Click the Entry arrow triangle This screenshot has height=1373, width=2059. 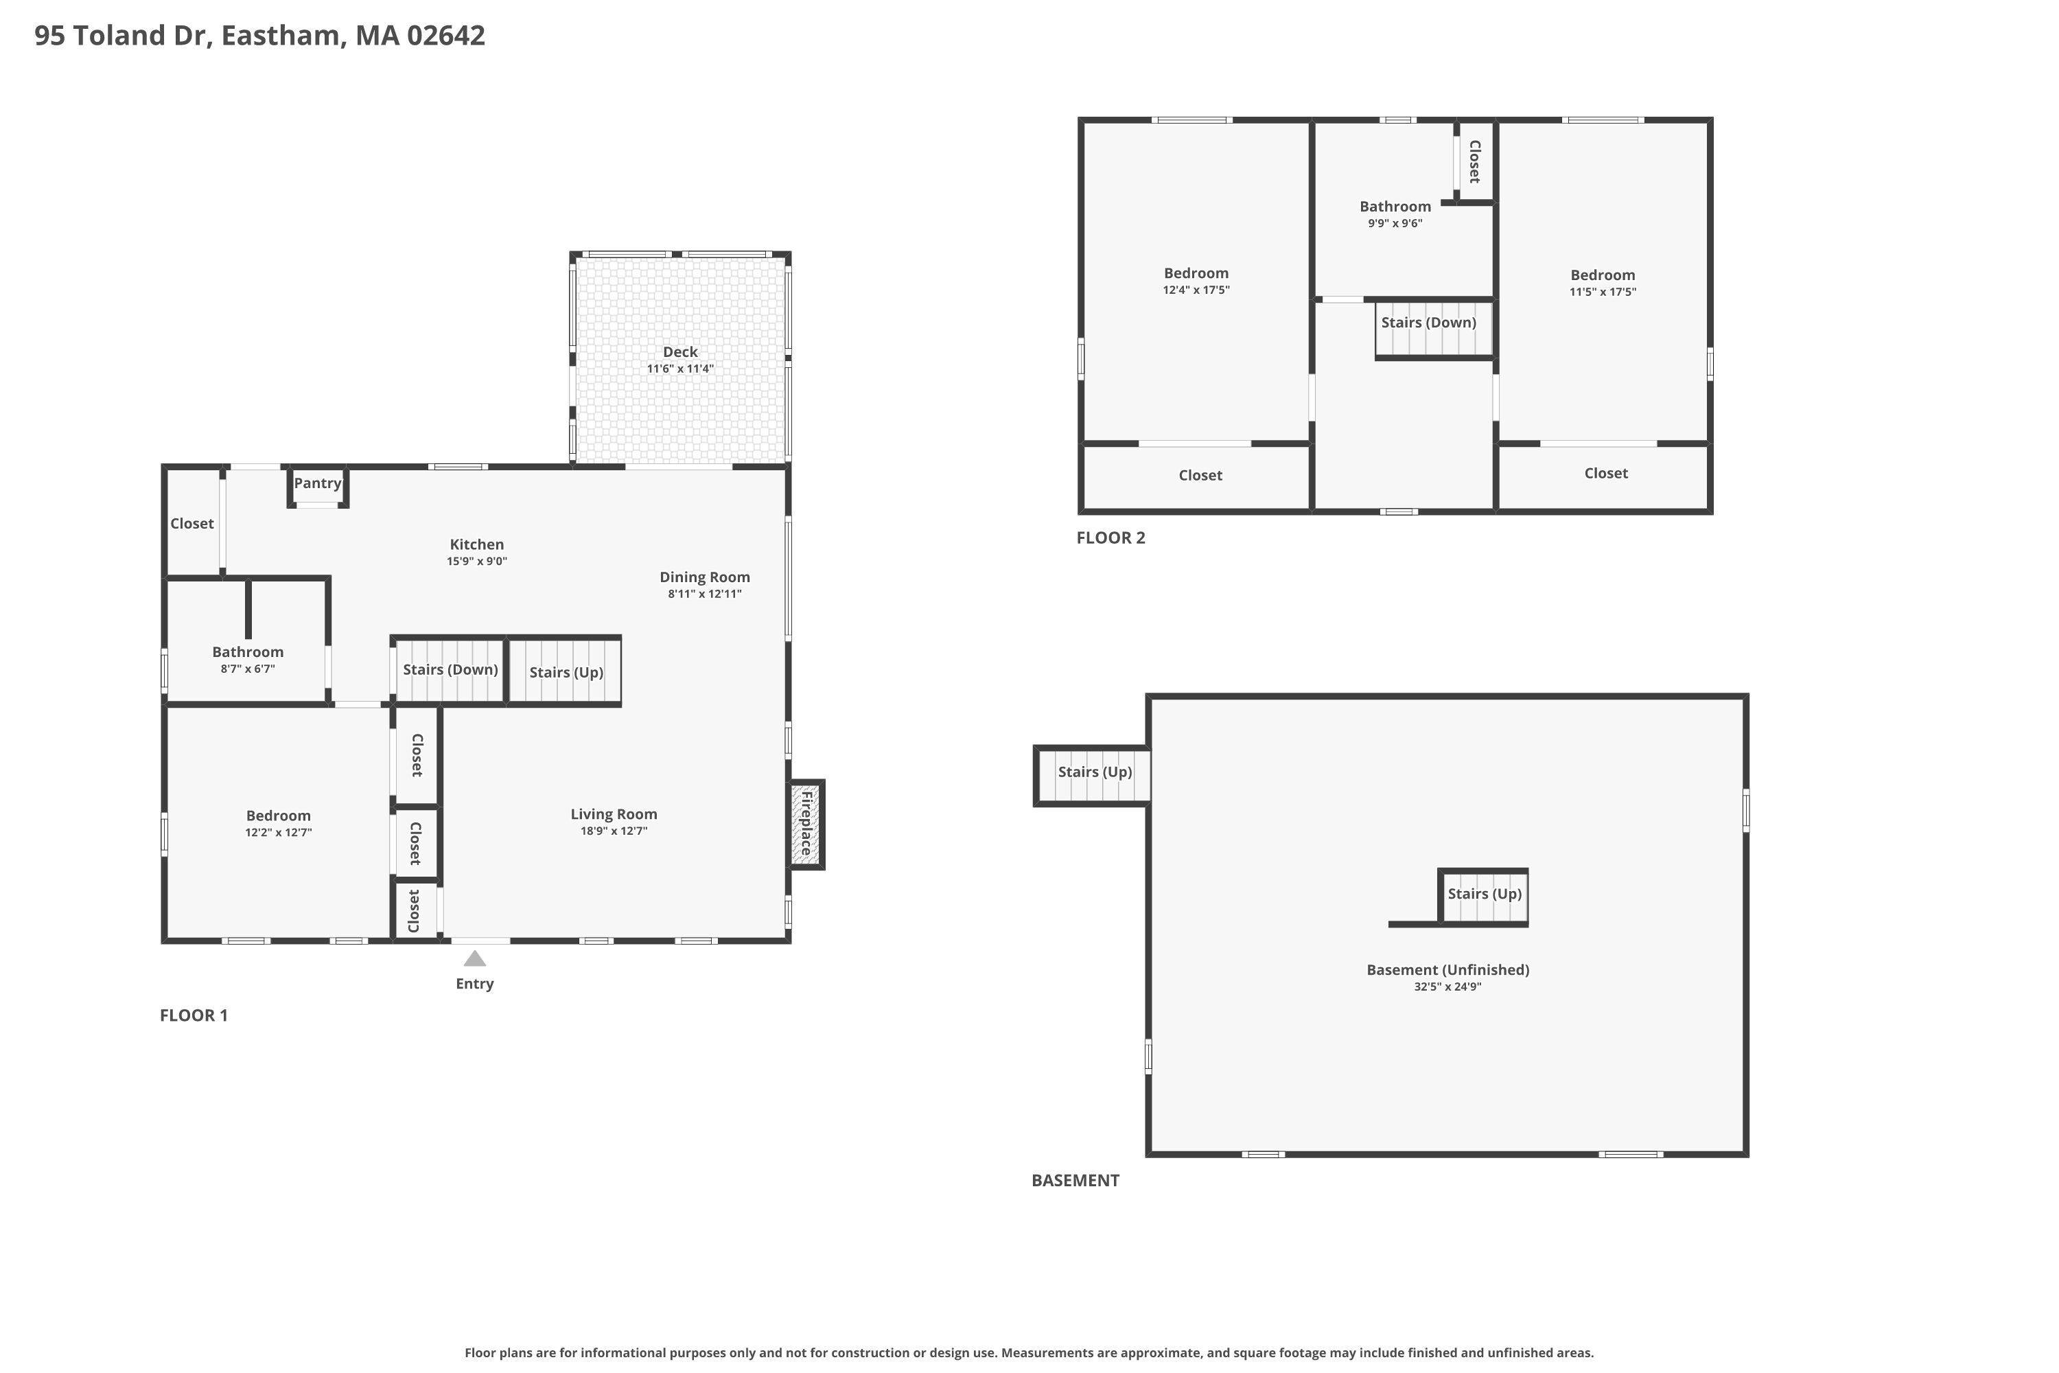coord(474,959)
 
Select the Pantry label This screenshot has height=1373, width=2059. coord(317,483)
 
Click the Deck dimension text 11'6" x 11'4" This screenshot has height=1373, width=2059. coord(680,369)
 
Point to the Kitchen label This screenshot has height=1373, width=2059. coord(476,544)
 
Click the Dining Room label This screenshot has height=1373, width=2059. coord(704,577)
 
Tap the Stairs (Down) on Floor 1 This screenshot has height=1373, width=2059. coord(450,671)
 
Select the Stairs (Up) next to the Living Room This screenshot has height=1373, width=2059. coord(566,673)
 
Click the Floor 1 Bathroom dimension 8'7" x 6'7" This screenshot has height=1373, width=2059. coord(248,669)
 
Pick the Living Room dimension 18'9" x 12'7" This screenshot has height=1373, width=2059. coord(614,831)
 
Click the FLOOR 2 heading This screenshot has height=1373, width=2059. coord(1110,538)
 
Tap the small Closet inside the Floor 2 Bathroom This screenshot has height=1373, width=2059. coord(1475,161)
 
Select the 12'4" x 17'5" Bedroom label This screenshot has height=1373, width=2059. coord(1196,273)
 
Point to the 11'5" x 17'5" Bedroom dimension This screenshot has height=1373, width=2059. coord(1602,292)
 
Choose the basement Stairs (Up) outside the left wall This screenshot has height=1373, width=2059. coord(1094,772)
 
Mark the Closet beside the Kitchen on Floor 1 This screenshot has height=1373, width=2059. coord(191,524)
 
